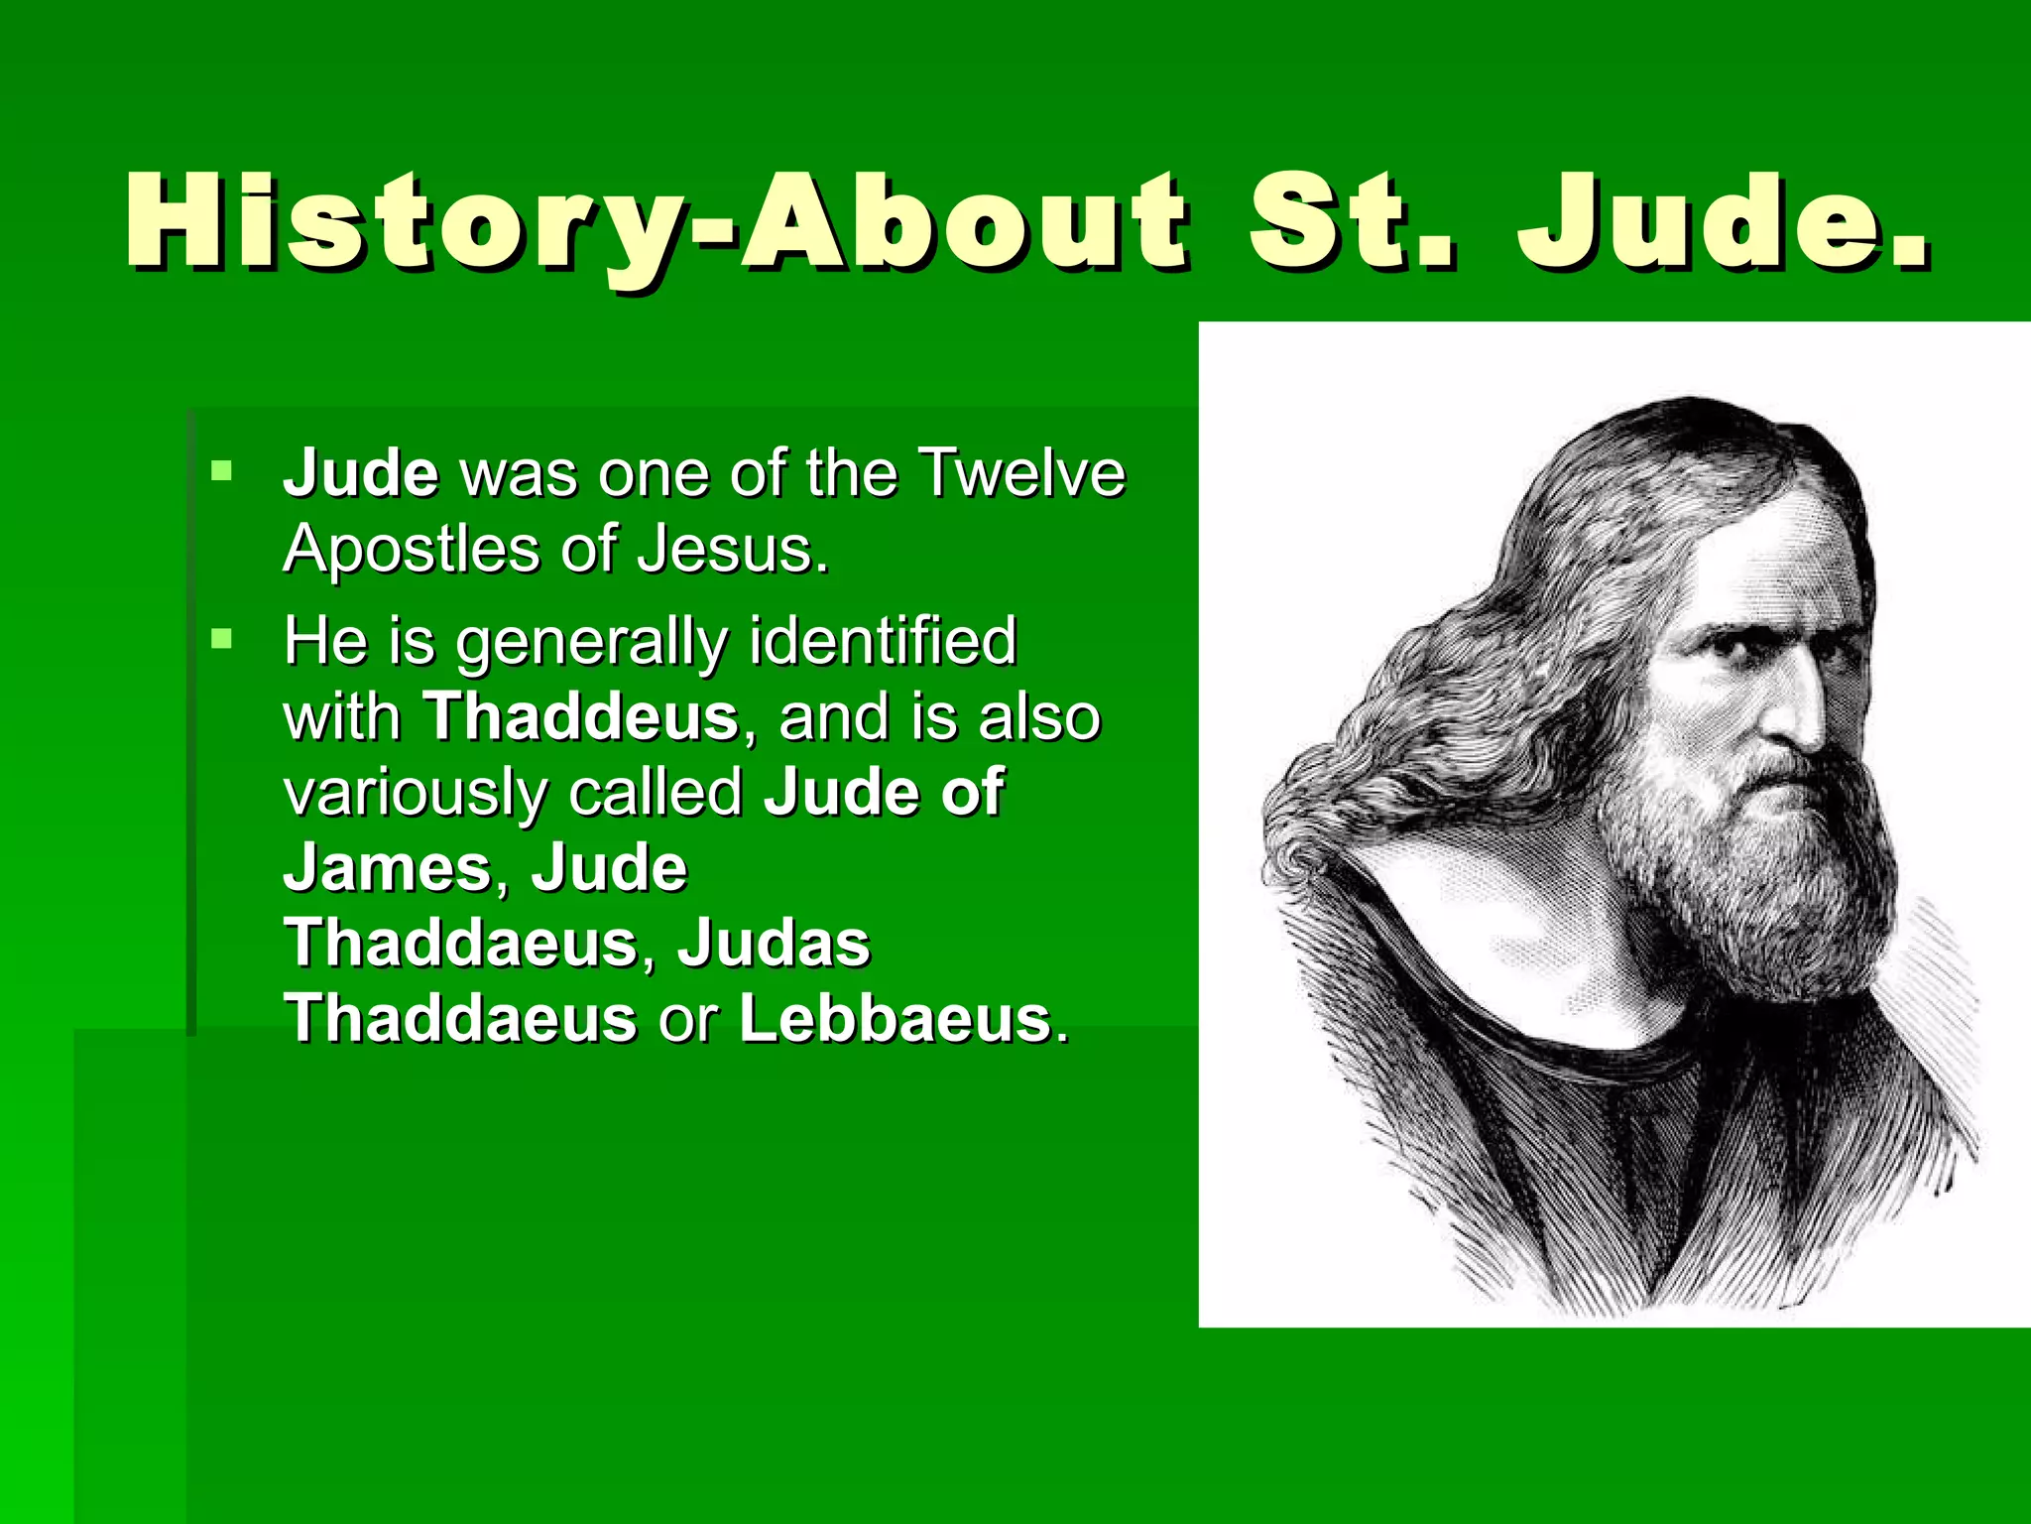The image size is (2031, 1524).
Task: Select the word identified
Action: [883, 641]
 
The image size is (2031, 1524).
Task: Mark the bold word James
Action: [388, 868]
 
